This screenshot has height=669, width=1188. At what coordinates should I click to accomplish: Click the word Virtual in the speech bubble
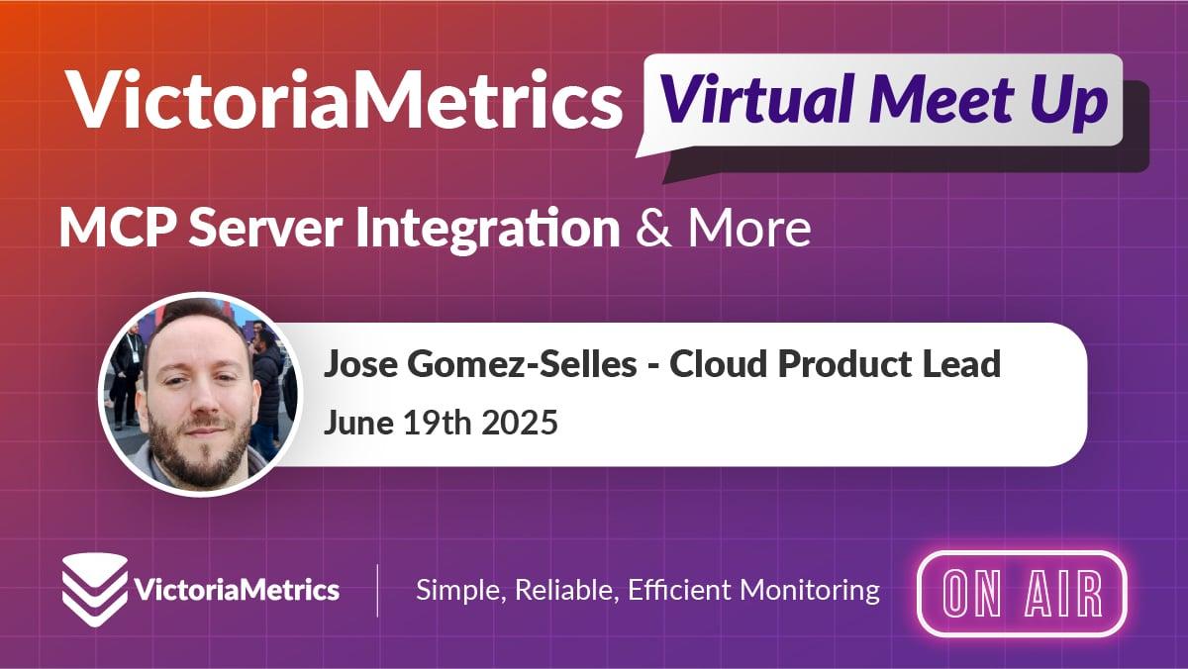click(x=756, y=100)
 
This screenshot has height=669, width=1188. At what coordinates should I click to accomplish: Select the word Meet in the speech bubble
click(x=941, y=100)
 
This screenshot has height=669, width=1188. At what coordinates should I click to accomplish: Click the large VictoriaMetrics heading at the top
click(x=345, y=99)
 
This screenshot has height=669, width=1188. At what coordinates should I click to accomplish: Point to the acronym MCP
click(x=118, y=228)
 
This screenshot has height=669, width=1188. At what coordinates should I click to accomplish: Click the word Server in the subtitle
click(x=265, y=228)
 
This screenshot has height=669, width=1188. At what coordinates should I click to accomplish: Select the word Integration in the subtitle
click(x=488, y=230)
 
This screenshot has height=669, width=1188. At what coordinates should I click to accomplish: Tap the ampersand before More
click(x=652, y=228)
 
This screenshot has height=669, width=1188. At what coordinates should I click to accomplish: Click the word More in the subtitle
click(x=749, y=228)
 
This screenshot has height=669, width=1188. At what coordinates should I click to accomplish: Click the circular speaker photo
click(x=199, y=394)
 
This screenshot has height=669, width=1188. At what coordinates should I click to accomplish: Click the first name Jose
click(x=359, y=364)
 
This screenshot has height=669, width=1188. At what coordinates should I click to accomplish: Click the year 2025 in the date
click(x=520, y=423)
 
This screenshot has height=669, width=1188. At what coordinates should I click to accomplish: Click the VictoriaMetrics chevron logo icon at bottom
click(x=95, y=590)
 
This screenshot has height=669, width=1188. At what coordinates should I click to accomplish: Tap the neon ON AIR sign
click(x=1023, y=594)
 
